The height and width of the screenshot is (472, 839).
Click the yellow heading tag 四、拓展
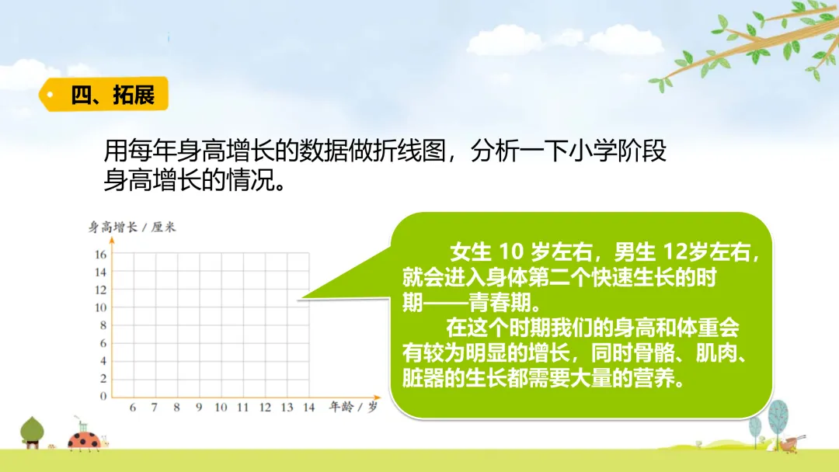click(x=104, y=95)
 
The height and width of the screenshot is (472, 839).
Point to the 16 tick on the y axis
click(x=100, y=255)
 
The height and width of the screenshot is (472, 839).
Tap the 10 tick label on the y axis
click(x=100, y=307)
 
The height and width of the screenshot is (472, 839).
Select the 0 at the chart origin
click(x=103, y=396)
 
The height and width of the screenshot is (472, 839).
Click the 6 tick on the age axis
click(x=133, y=408)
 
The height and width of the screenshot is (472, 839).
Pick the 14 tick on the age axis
click(x=308, y=408)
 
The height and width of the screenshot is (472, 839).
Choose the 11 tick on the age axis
click(x=243, y=408)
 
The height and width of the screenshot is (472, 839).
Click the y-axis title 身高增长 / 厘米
click(x=131, y=227)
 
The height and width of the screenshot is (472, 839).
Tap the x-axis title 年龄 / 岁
click(x=353, y=408)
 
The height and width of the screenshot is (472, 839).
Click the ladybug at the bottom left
click(x=85, y=439)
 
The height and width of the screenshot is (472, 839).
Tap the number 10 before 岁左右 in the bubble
click(x=510, y=252)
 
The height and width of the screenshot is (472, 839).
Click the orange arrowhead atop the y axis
click(x=112, y=241)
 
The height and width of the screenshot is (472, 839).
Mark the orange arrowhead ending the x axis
click(x=377, y=397)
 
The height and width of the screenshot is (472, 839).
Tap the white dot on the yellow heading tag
click(x=50, y=95)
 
